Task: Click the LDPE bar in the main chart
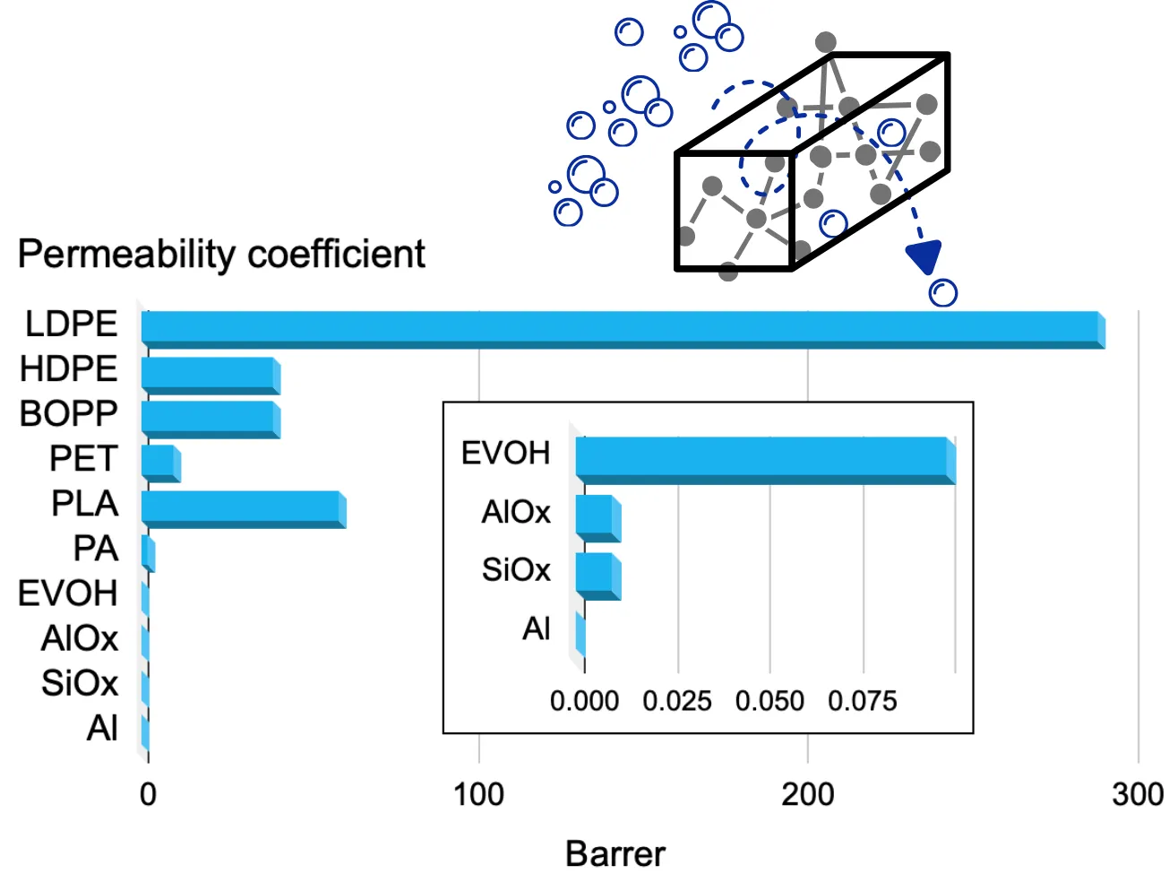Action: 623,329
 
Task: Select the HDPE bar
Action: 211,375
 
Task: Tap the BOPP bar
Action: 211,420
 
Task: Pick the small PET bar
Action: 160,463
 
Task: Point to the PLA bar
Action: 243,509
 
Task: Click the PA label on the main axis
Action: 96,548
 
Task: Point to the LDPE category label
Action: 71,324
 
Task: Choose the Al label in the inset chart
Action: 536,629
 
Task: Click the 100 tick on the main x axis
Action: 478,794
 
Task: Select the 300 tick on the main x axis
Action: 1137,794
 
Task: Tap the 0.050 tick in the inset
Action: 769,701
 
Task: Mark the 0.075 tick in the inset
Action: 862,701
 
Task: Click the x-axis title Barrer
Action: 615,854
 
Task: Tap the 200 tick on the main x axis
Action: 807,794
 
